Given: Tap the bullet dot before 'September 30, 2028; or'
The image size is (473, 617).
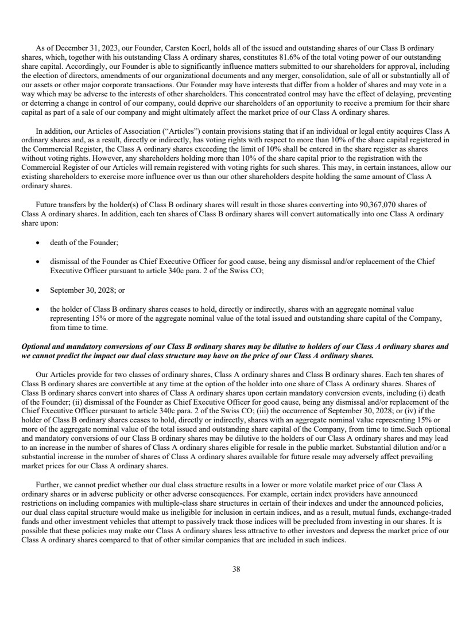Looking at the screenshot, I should [37, 290].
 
